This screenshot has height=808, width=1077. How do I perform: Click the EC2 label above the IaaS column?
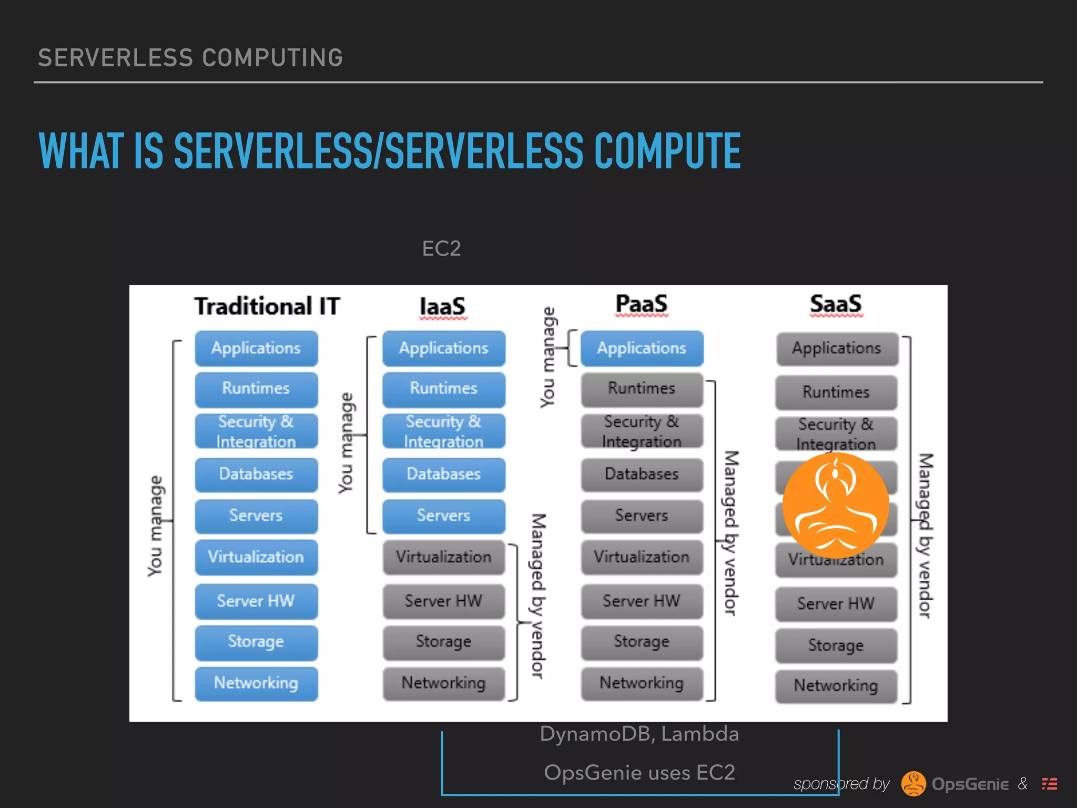coord(441,248)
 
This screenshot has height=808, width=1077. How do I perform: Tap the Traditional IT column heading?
coord(267,306)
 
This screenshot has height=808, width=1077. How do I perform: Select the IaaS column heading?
coord(442,306)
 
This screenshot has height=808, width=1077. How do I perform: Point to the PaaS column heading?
coord(641,304)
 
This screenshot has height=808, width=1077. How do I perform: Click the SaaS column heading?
coord(836,304)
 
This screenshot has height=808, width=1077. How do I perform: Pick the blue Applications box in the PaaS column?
coord(642,348)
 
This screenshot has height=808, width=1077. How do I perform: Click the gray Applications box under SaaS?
coord(837,348)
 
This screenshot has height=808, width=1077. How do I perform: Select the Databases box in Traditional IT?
coord(256,474)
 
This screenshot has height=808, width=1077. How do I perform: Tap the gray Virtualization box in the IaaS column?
coord(443,557)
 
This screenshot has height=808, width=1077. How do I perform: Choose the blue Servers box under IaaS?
coord(443,516)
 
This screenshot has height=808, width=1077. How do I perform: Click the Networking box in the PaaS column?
coord(642,683)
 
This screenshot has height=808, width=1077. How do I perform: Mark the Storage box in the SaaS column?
coord(836,645)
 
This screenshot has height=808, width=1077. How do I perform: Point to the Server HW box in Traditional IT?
coord(256,601)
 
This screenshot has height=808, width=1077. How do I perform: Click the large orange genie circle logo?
coord(836,506)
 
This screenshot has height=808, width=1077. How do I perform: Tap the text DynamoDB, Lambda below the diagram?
coord(639,734)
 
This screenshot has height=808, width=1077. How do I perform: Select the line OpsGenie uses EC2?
coord(639,773)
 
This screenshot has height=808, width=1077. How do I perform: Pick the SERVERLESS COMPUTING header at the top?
coord(190,58)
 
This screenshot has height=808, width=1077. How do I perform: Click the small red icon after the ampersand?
coord(1050,784)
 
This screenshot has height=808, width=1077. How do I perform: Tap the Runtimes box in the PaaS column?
coord(642,389)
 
